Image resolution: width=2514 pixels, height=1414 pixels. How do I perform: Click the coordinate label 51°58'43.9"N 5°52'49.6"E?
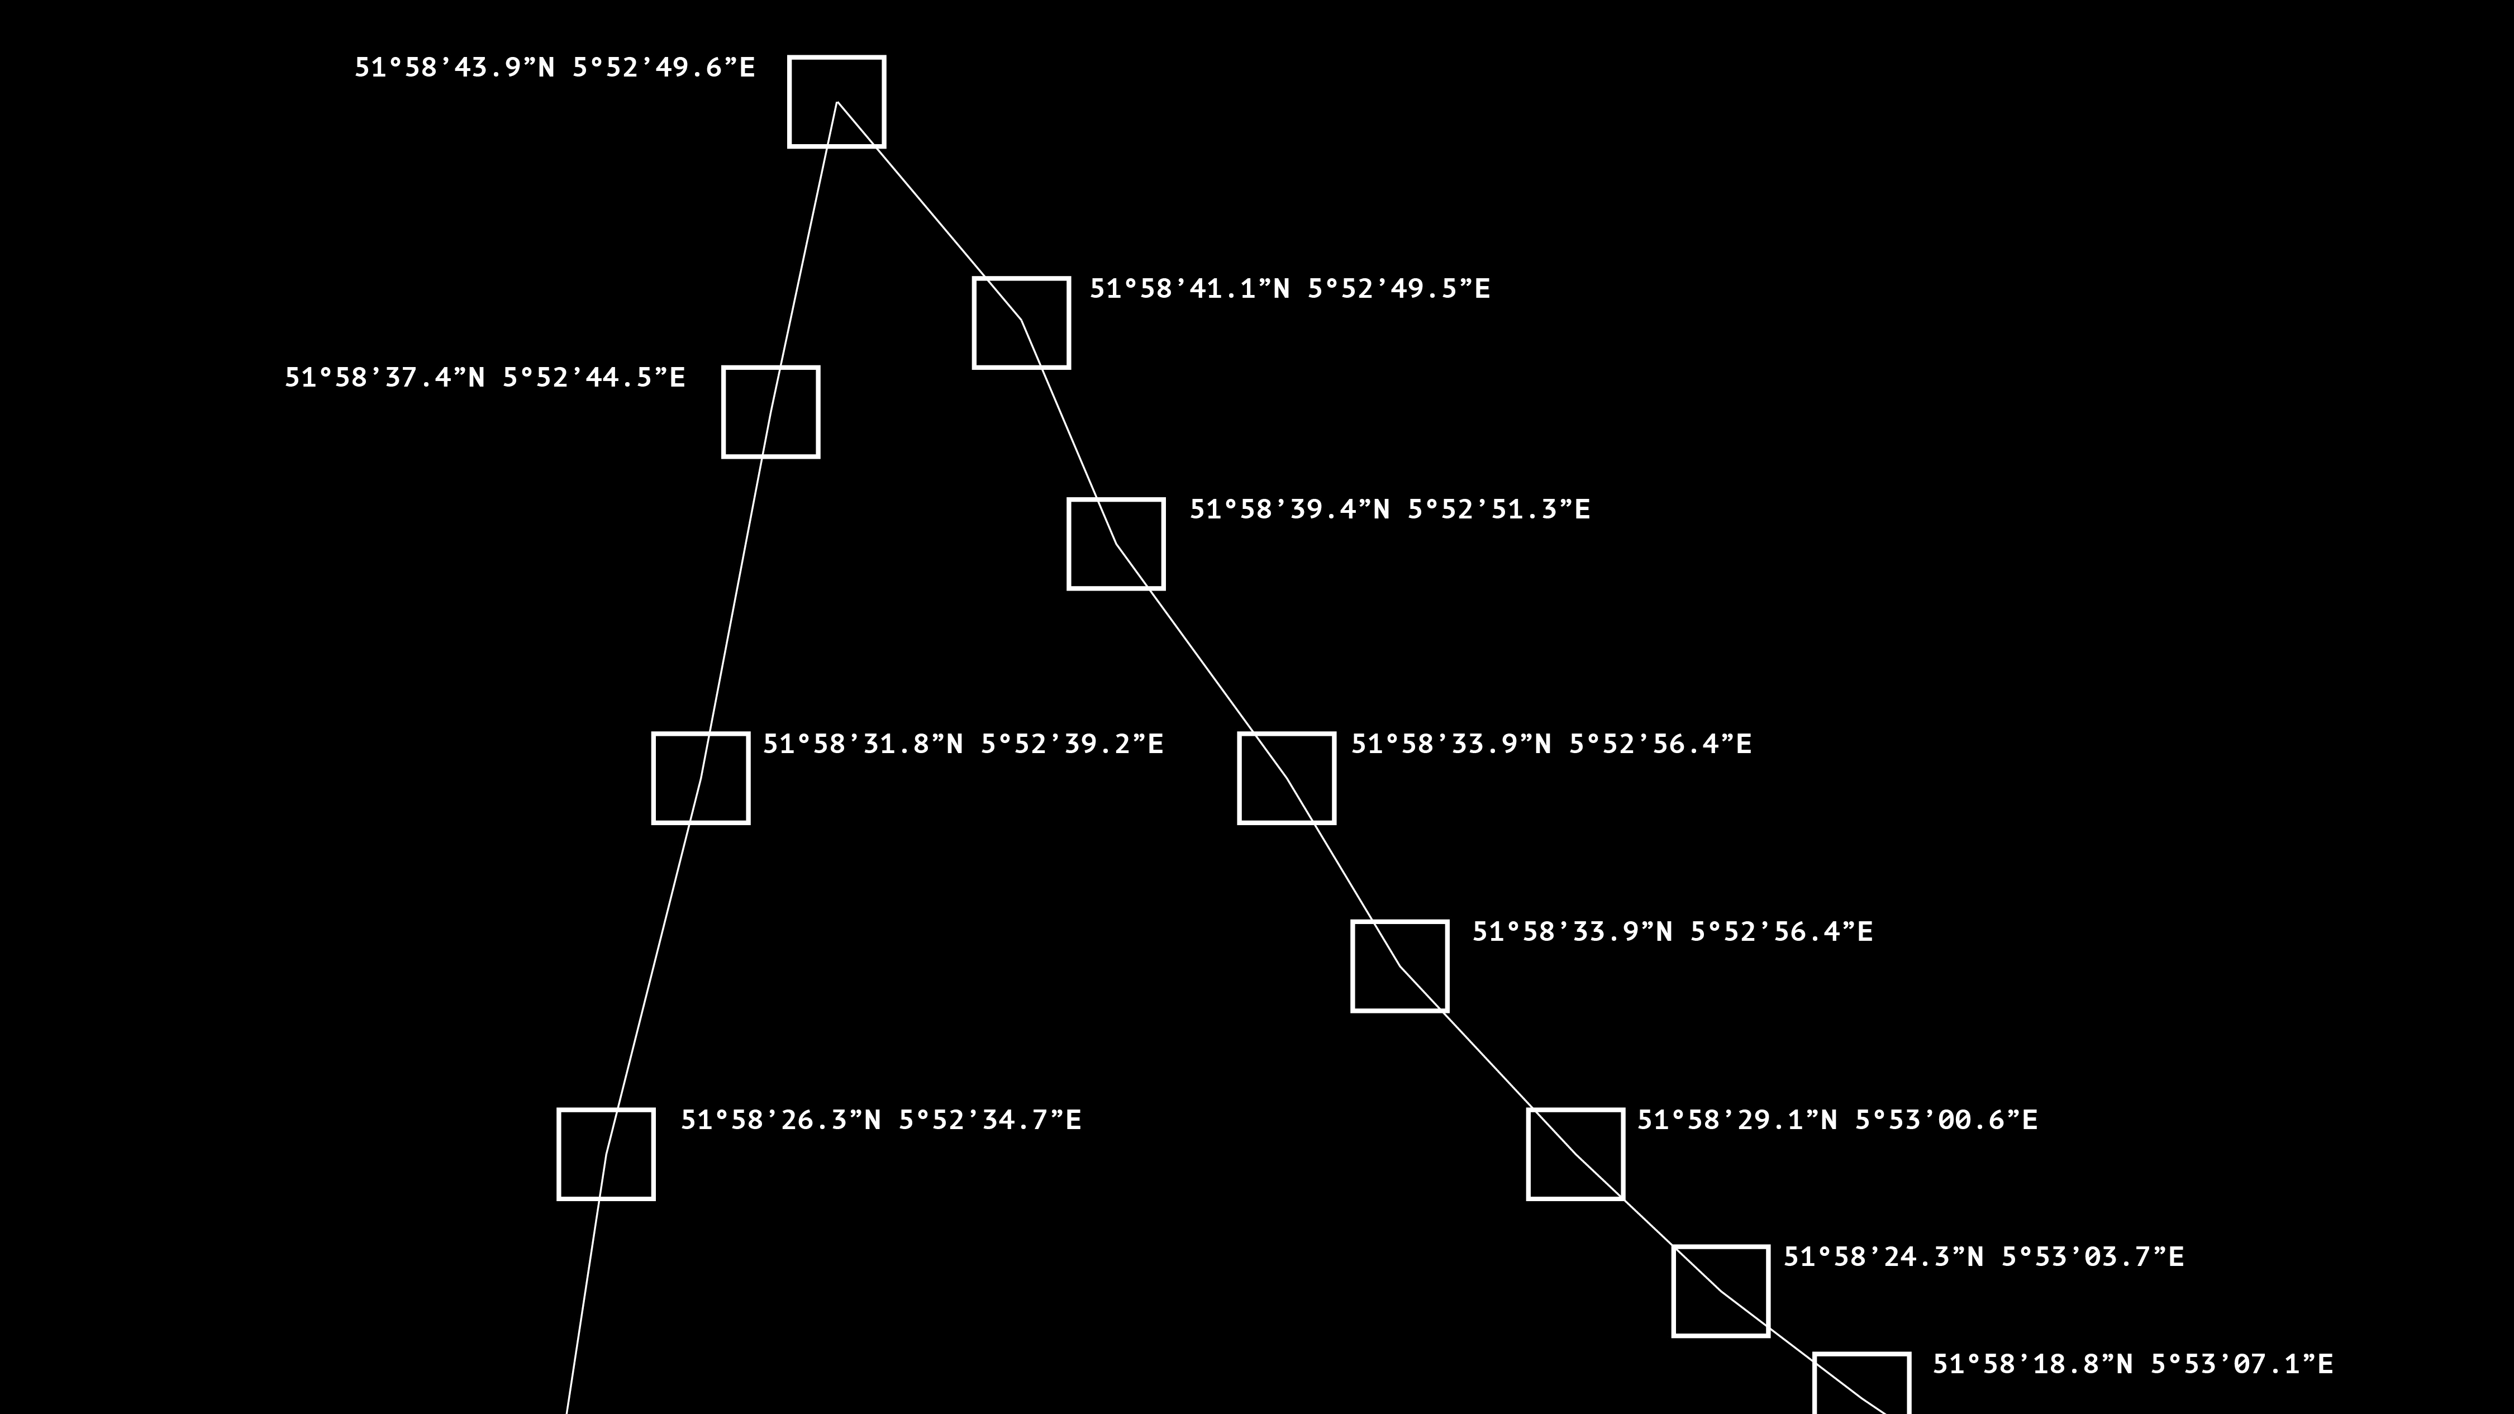point(554,68)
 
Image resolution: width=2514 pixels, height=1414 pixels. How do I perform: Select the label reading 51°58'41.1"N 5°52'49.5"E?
point(1289,289)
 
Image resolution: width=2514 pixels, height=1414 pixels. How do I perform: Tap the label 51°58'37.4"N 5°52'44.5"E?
point(485,378)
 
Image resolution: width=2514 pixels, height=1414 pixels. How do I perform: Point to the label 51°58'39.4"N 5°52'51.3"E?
point(1390,510)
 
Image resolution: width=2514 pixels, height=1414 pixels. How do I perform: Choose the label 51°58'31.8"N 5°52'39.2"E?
point(962,745)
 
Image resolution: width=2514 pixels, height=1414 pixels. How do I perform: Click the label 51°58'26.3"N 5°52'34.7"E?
point(880,1120)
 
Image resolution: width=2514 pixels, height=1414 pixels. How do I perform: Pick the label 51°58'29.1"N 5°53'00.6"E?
point(1837,1120)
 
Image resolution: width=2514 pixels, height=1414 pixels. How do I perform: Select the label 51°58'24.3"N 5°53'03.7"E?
point(1983,1257)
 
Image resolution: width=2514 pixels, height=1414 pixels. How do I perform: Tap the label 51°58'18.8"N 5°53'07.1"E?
point(2132,1364)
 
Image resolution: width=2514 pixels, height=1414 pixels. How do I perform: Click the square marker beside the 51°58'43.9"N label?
point(836,102)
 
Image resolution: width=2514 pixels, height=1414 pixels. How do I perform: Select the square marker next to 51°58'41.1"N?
point(1021,323)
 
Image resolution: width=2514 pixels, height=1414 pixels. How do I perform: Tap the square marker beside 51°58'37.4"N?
point(770,412)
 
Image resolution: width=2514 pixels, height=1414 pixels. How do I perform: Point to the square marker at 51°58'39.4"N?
point(1116,544)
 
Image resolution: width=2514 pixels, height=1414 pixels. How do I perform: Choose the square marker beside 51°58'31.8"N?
point(701,778)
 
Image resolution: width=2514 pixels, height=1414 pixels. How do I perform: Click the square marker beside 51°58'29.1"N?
point(1575,1154)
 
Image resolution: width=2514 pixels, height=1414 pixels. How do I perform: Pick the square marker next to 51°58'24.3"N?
point(1721,1291)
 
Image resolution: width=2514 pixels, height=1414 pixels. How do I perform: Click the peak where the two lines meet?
point(836,102)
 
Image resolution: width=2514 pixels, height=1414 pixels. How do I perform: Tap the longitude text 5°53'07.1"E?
point(2242,1364)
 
